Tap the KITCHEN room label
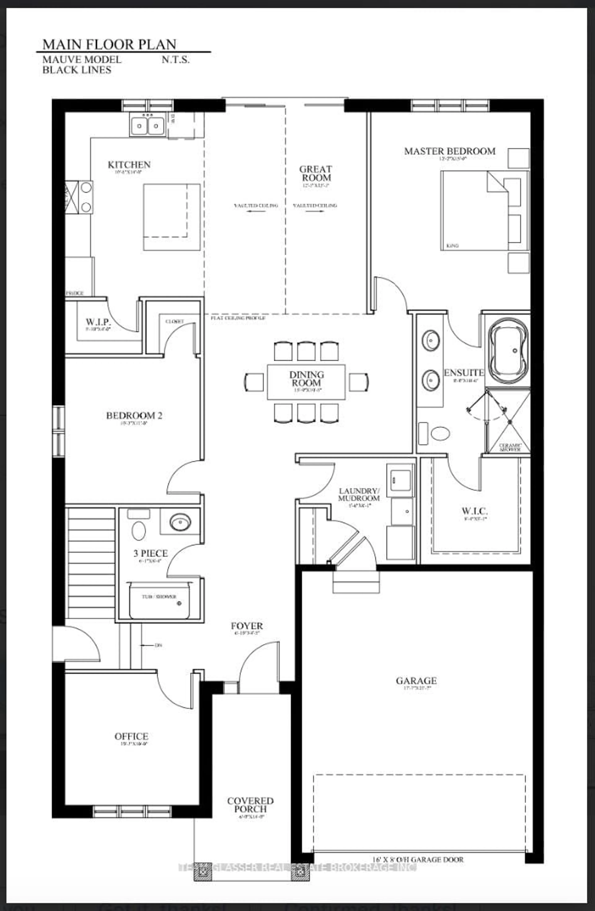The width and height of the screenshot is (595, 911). (129, 165)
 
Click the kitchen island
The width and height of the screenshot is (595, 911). (172, 217)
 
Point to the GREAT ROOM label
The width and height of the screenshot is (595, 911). (315, 173)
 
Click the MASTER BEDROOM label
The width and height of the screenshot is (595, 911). (450, 151)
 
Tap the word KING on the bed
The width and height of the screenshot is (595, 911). (452, 246)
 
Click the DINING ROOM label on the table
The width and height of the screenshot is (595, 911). (306, 379)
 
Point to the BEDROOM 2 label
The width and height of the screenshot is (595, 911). (134, 415)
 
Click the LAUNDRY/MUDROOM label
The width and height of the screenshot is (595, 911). (359, 495)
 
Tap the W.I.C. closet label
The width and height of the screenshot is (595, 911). (474, 511)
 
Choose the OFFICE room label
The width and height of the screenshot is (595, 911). (131, 736)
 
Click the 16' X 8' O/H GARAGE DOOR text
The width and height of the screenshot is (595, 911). (418, 859)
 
